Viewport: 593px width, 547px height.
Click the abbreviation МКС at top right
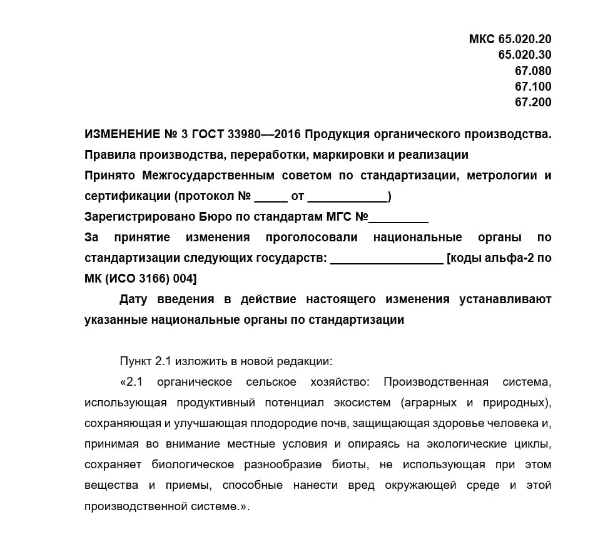pyautogui.click(x=482, y=39)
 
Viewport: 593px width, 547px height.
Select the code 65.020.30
pyautogui.click(x=525, y=55)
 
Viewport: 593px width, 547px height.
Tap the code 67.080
pyautogui.click(x=533, y=71)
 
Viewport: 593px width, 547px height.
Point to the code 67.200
pyautogui.click(x=533, y=102)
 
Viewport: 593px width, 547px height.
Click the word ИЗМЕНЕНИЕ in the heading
pyautogui.click(x=122, y=134)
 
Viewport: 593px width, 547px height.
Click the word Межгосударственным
pyautogui.click(x=204, y=176)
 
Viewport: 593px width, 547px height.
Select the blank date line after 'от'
pyautogui.click(x=348, y=198)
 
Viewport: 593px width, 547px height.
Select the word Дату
pyautogui.click(x=133, y=299)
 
